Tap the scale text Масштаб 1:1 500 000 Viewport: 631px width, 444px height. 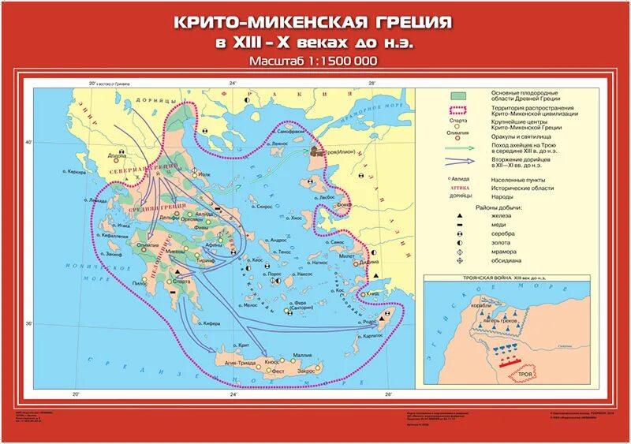[x=313, y=61]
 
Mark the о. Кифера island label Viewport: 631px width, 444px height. [x=208, y=323]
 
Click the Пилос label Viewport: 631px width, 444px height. [x=140, y=282]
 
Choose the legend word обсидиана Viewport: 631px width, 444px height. [x=507, y=260]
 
